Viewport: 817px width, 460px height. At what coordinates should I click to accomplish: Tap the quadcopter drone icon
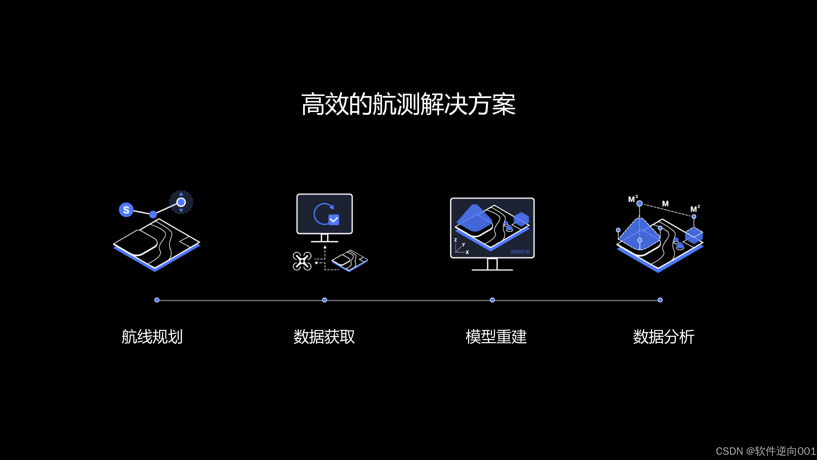pyautogui.click(x=302, y=261)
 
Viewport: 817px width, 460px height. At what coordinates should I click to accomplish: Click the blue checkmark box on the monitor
pyautogui.click(x=334, y=219)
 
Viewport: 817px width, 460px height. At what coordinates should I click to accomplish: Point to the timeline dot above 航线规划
pyautogui.click(x=157, y=300)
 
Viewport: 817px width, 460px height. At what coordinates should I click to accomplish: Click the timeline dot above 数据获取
pyautogui.click(x=324, y=300)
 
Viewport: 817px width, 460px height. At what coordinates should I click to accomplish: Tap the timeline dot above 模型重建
pyautogui.click(x=492, y=300)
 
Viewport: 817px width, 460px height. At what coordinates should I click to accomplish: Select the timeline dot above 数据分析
pyautogui.click(x=660, y=300)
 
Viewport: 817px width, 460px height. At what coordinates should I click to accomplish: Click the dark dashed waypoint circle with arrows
pyautogui.click(x=181, y=202)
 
